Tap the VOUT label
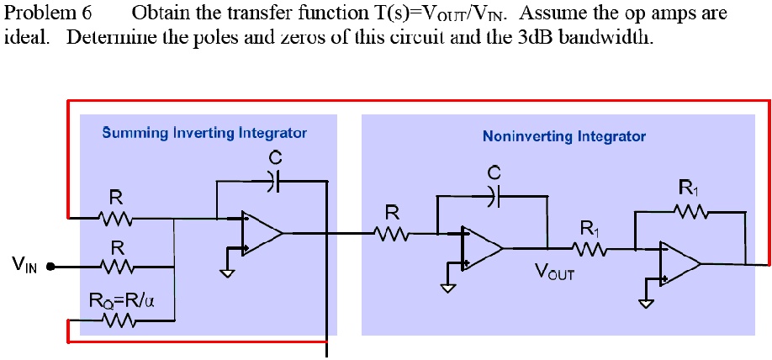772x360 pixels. pos(555,272)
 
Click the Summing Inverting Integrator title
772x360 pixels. pos(204,132)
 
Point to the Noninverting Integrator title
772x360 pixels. pos(564,135)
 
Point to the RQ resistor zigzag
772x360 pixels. pos(116,320)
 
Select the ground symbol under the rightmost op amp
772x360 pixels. pos(646,303)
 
